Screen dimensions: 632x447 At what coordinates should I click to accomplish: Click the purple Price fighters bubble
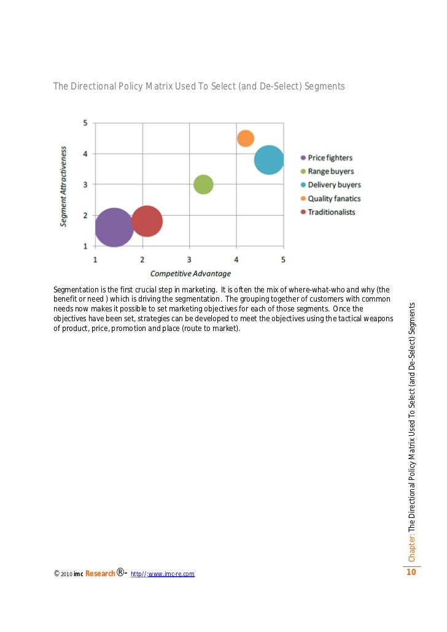(114, 227)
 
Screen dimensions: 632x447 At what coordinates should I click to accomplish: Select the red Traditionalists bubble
(147, 221)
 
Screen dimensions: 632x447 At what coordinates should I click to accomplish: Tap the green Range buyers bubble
(203, 184)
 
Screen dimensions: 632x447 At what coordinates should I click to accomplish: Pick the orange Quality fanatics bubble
(246, 139)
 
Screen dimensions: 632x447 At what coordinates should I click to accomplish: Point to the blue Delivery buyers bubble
(269, 160)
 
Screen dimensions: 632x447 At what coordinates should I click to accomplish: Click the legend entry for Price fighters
(330, 158)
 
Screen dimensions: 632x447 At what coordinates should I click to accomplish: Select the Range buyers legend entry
(330, 172)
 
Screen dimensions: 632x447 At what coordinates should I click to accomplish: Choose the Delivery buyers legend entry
(334, 185)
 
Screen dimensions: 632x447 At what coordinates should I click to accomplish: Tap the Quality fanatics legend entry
(334, 199)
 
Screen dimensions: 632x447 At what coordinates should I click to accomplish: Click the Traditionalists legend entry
(331, 212)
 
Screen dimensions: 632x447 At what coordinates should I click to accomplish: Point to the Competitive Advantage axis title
(190, 273)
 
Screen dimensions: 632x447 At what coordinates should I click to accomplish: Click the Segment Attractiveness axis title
(64, 186)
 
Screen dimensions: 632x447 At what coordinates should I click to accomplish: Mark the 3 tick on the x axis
(189, 259)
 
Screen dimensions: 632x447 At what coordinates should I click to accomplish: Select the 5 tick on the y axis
(85, 123)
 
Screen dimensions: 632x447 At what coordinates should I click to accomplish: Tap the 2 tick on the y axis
(85, 215)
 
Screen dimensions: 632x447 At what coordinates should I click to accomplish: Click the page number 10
(411, 573)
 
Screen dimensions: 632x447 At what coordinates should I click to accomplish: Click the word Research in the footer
(99, 574)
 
